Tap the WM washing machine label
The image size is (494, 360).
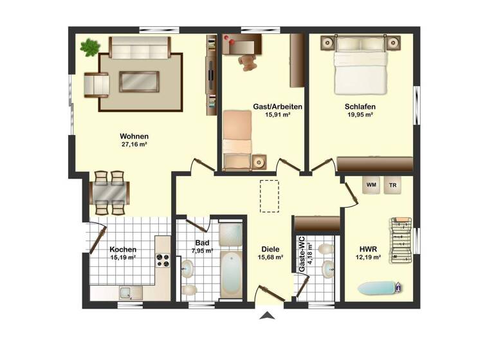point(371,185)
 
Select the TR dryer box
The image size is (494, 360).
point(392,185)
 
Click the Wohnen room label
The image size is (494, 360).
point(134,136)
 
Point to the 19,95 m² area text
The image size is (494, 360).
point(360,116)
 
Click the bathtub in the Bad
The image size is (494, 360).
point(230,274)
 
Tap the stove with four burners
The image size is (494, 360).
point(163,260)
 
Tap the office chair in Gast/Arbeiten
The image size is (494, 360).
point(247,62)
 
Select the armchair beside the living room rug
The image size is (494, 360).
point(97,84)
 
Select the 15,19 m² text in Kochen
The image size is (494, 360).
point(123,258)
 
